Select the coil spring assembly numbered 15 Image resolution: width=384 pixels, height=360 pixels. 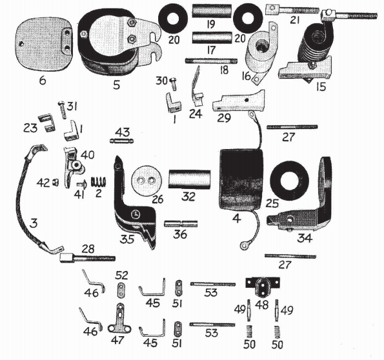(313, 52)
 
